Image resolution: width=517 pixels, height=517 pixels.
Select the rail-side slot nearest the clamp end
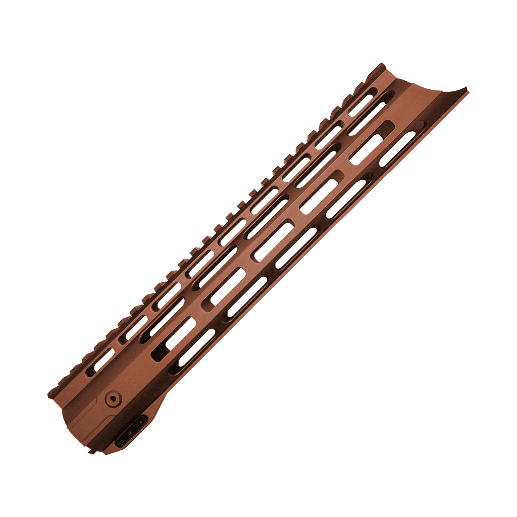104,359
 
